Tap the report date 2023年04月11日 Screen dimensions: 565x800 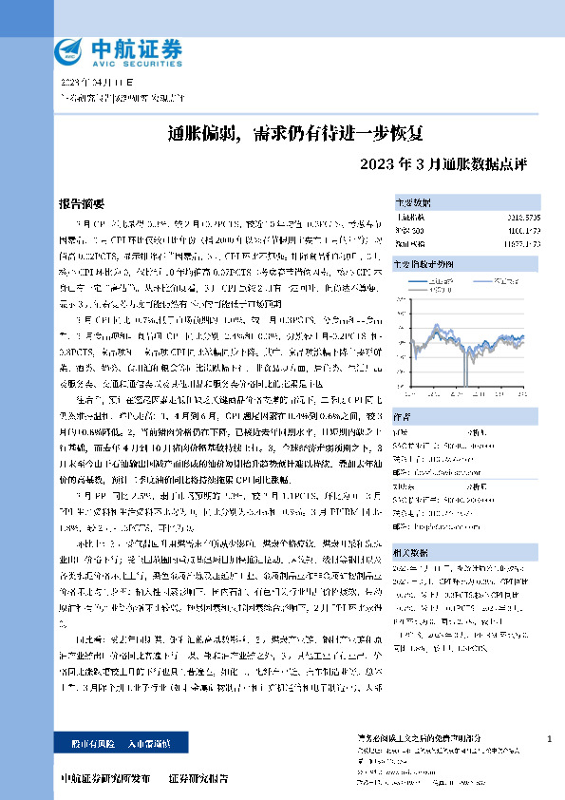coord(93,83)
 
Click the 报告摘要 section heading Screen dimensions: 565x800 coord(82,203)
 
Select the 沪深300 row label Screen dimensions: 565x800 coord(409,231)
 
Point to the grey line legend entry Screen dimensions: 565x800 coord(505,281)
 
